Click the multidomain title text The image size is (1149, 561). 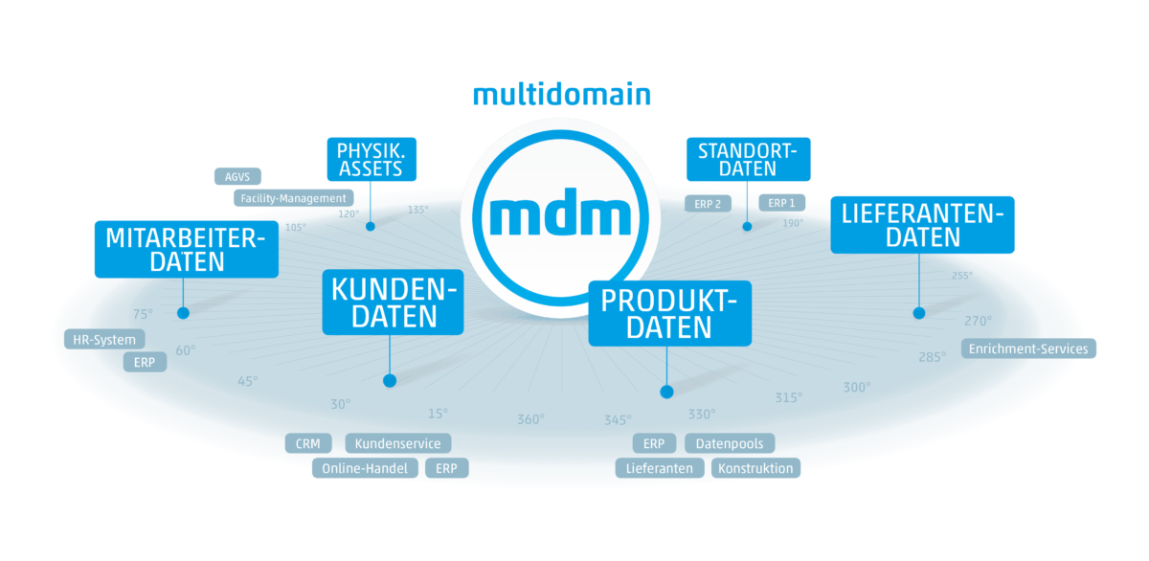(x=562, y=95)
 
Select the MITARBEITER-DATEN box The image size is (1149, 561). (x=187, y=249)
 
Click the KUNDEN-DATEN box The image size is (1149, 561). (x=393, y=302)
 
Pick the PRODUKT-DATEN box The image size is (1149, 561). (x=669, y=313)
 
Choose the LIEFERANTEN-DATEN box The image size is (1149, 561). (x=922, y=225)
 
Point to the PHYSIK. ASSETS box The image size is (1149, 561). (x=370, y=160)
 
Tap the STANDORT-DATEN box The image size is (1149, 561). (x=748, y=159)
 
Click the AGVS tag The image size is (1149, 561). (x=237, y=176)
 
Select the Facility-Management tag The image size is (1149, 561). (x=293, y=198)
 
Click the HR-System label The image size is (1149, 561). (x=104, y=340)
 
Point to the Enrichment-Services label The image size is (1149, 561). (x=1028, y=349)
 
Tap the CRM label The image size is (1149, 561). (x=308, y=444)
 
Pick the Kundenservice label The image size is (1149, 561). (x=397, y=444)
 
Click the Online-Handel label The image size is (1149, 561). (x=365, y=469)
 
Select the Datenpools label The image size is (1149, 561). (x=730, y=444)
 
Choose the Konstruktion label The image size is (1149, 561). (x=755, y=469)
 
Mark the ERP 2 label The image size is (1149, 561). (x=708, y=204)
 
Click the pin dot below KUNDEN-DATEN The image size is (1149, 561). (x=390, y=381)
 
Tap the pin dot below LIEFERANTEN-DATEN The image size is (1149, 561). (x=919, y=313)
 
